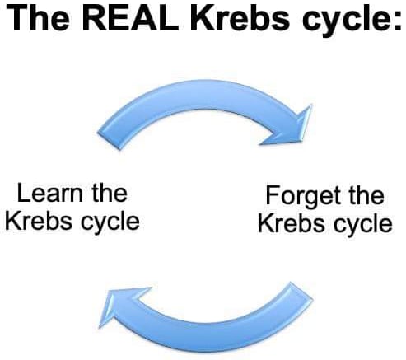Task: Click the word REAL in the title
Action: pyautogui.click(x=133, y=17)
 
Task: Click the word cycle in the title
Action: pyautogui.click(x=343, y=21)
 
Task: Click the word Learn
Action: pyautogui.click(x=50, y=193)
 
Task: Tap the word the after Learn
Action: pyautogui.click(x=110, y=193)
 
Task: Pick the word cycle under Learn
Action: pyautogui.click(x=110, y=223)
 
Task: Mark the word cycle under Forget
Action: pyautogui.click(x=363, y=225)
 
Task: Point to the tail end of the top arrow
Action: pyautogui.click(x=109, y=141)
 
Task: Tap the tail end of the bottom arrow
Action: pyautogui.click(x=301, y=290)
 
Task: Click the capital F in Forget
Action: pyautogui.click(x=273, y=195)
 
